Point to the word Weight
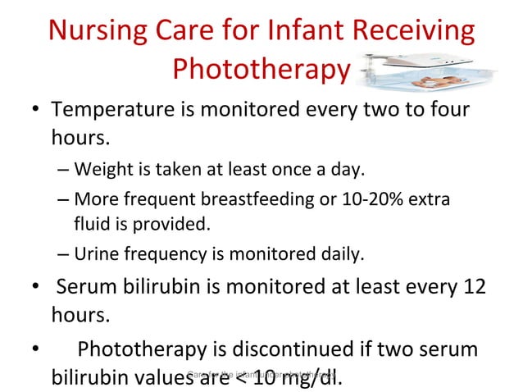pos(99,170)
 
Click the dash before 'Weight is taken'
pos(64,170)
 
